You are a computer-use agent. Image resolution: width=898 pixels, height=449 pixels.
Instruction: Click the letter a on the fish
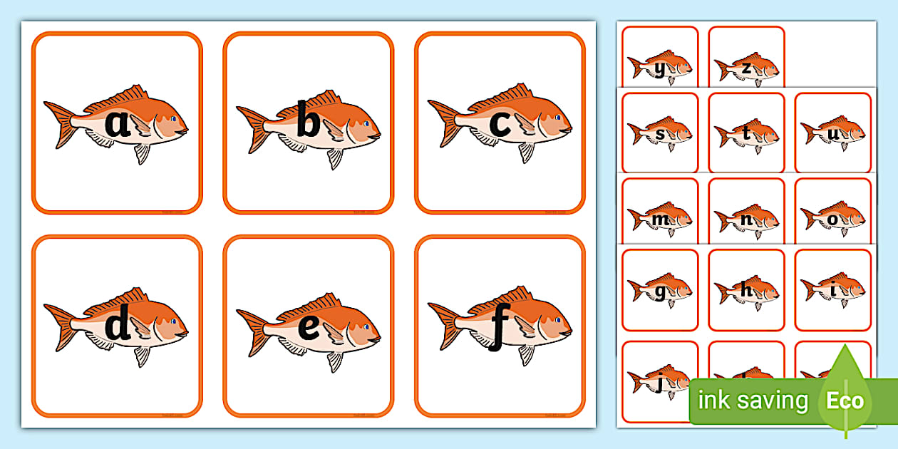point(118,124)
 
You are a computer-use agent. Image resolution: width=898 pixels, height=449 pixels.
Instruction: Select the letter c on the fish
point(500,124)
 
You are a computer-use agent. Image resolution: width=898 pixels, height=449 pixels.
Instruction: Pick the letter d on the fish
point(118,326)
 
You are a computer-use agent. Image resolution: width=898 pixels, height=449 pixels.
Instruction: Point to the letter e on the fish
point(309,327)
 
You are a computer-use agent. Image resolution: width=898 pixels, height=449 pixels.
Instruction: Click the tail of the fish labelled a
point(60,124)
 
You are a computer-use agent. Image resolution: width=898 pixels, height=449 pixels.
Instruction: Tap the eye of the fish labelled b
point(367,123)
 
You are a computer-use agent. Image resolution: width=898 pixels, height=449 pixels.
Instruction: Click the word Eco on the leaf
point(845,401)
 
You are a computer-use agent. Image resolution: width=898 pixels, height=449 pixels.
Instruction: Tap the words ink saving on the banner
point(753,401)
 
